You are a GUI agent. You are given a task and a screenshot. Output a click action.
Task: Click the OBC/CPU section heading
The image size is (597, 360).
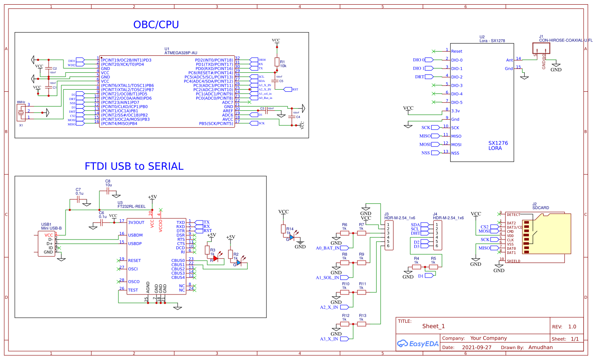156,25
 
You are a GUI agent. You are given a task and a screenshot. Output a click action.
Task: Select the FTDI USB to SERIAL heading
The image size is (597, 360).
134,166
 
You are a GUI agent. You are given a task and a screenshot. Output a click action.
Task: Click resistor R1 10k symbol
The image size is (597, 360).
277,62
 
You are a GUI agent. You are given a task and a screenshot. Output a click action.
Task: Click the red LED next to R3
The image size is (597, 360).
216,258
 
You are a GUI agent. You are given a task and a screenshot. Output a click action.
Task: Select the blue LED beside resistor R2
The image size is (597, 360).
239,263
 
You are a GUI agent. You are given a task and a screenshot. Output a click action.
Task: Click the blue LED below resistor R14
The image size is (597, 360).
292,238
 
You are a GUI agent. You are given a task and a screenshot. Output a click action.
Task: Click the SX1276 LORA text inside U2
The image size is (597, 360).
498,146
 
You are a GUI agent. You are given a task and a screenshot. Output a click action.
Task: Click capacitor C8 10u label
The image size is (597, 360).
108,183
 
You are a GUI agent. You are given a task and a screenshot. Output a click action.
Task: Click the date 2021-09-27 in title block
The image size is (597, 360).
477,347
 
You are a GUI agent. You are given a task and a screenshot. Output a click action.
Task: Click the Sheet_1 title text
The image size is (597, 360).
433,326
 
